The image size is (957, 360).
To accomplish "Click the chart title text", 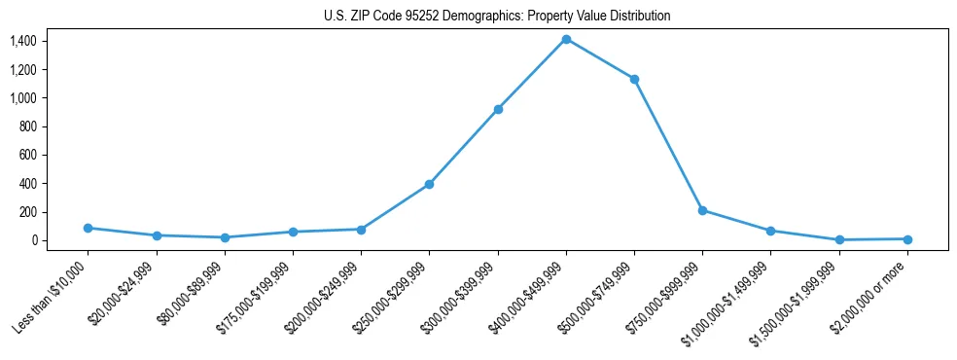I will (497, 17).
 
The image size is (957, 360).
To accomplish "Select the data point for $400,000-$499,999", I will (566, 39).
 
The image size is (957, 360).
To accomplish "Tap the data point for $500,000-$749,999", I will (634, 79).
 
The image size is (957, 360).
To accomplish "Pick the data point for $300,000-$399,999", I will (498, 109).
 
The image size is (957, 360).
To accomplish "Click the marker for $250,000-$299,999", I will (429, 184).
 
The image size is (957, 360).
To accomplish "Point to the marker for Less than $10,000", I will (88, 228).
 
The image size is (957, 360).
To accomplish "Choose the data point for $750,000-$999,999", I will (702, 210).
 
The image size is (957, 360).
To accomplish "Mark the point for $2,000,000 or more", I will (907, 238).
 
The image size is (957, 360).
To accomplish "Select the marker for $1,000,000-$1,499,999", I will (770, 231).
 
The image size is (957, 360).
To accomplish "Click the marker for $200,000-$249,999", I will (361, 230).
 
